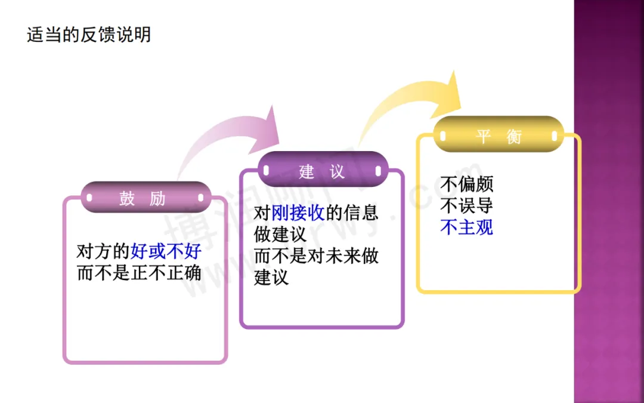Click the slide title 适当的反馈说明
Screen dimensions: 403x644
click(89, 34)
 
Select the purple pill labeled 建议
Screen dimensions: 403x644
click(322, 171)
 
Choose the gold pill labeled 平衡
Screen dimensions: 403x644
click(499, 136)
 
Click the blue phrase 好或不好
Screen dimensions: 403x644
click(166, 251)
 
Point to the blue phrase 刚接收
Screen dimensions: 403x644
click(298, 213)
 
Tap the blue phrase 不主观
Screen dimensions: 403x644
click(466, 227)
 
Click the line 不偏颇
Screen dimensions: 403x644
click(466, 184)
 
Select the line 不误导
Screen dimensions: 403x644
click(466, 205)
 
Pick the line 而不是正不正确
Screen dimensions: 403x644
click(139, 273)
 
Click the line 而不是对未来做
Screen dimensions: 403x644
click(316, 256)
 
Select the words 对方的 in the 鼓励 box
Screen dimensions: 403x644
click(103, 251)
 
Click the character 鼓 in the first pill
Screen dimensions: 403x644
click(127, 198)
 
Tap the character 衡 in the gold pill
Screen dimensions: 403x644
click(514, 137)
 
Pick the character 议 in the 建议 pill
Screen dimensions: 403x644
click(338, 172)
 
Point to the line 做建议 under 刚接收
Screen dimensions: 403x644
click(280, 235)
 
